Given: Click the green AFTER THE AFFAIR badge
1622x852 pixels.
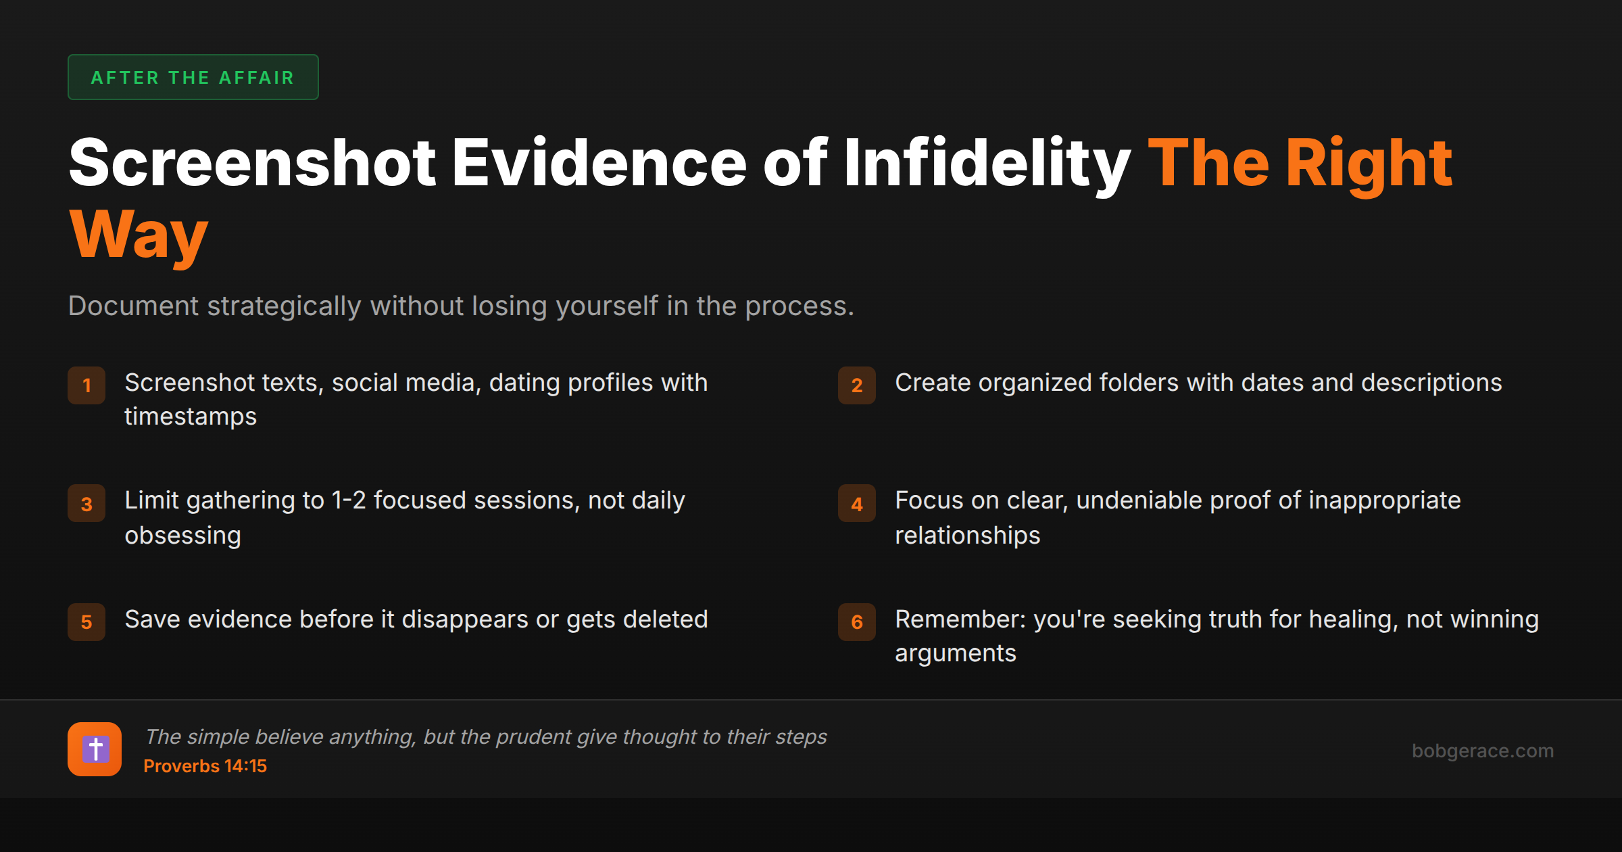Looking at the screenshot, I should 193,78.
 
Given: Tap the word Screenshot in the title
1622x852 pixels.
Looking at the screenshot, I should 253,163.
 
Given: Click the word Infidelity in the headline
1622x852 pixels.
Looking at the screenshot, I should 987,163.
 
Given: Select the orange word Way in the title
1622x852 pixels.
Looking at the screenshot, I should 139,235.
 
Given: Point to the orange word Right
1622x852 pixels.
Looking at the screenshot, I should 1369,163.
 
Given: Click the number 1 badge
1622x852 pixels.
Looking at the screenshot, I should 87,385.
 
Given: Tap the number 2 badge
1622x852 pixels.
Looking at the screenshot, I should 857,385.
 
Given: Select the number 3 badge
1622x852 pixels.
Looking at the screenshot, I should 87,504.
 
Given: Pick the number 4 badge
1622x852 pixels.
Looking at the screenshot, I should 857,504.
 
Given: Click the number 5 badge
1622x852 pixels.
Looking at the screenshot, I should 87,622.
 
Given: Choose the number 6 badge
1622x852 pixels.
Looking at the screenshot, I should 857,622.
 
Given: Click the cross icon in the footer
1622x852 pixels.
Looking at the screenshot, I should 95,749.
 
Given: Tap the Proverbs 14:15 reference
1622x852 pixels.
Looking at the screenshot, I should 205,766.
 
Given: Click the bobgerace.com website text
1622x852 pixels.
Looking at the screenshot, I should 1482,751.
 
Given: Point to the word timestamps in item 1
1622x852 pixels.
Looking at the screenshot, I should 191,417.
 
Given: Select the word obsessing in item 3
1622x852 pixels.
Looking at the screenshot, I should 182,536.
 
